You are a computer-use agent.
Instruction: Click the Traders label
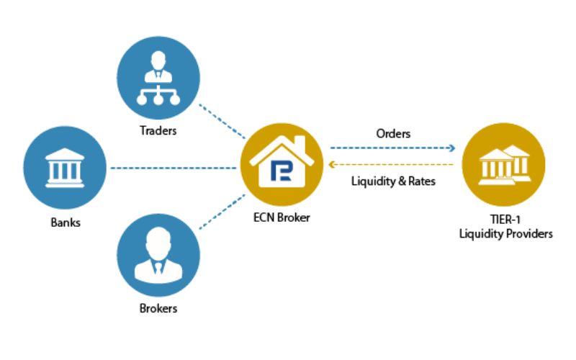[x=158, y=131]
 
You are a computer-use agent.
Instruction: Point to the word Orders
[x=393, y=134]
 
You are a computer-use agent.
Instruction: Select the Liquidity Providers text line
[x=505, y=235]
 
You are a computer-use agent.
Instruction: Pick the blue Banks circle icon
[x=65, y=168]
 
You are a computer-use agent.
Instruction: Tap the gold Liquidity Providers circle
[x=503, y=164]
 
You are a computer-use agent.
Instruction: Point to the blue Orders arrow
[x=393, y=148]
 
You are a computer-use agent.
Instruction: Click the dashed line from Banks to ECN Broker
[x=173, y=168]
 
